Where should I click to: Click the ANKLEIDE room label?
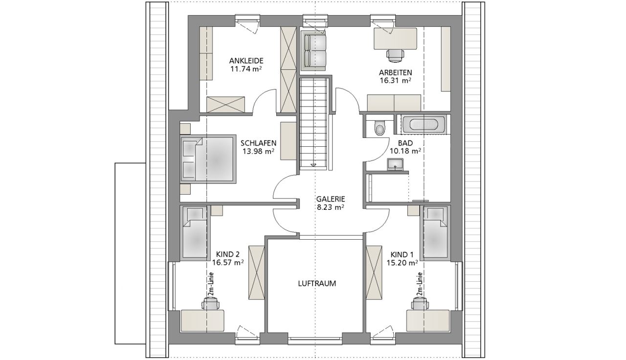[246, 61]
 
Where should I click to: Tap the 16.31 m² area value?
[395, 81]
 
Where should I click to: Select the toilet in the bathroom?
[380, 128]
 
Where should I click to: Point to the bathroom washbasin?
[395, 164]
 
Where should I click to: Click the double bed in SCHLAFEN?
[207, 159]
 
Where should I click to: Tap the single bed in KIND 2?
[195, 233]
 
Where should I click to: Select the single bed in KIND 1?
[435, 233]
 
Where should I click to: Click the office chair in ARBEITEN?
[395, 55]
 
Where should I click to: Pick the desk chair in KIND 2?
[210, 304]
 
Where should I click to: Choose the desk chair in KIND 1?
[420, 304]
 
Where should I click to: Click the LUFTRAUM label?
[317, 284]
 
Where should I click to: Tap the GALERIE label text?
[331, 199]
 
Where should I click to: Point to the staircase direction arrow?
[314, 165]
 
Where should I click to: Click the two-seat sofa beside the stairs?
[313, 51]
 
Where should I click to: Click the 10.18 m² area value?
[405, 151]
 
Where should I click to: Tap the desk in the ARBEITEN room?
[395, 39]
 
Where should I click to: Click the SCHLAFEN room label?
[259, 143]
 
